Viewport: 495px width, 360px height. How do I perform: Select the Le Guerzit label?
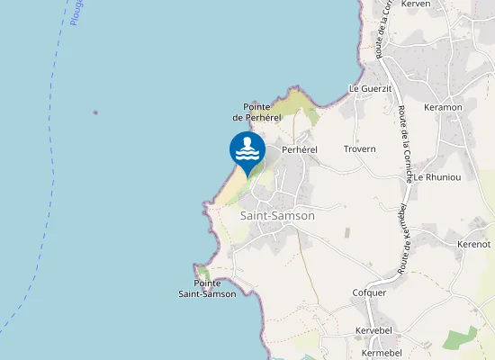coord(370,88)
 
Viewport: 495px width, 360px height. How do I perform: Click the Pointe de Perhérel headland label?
coord(257,112)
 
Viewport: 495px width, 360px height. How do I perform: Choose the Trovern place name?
coord(359,148)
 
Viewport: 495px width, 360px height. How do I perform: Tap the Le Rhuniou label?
coord(437,177)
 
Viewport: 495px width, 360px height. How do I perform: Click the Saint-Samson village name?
coord(278,216)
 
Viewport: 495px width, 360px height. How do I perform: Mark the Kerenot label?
coord(473,244)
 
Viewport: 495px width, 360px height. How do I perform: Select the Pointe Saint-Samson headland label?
coord(207,288)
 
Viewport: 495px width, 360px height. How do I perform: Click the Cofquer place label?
coord(369,292)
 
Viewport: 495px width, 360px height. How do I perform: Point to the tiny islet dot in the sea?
coord(94,113)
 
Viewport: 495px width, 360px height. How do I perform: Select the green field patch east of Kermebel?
coord(463,339)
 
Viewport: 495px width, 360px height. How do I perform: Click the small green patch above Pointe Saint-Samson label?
coord(204,273)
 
